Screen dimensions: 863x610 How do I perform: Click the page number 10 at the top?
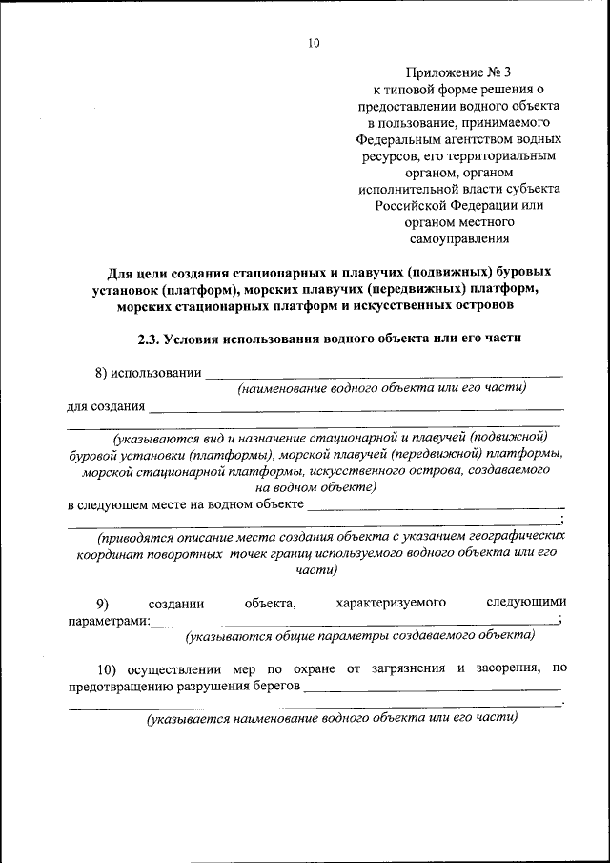314,43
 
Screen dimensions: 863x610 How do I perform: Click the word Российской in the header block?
412,205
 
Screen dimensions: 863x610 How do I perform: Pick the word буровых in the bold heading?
526,272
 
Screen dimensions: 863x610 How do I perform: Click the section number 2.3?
153,339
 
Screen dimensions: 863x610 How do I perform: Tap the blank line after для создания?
356,410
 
